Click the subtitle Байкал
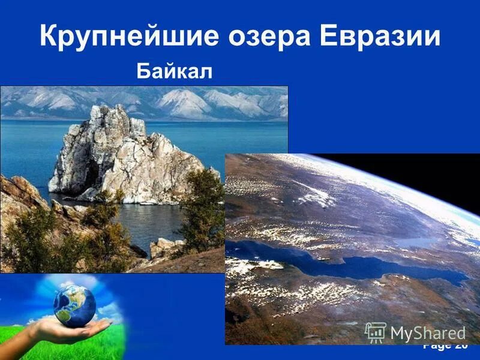point(175,71)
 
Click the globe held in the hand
point(74,305)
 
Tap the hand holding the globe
point(66,330)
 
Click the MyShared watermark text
point(427,334)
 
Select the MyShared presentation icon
point(375,332)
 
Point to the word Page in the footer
point(437,347)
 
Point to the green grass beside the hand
point(90,348)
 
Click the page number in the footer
point(461,347)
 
